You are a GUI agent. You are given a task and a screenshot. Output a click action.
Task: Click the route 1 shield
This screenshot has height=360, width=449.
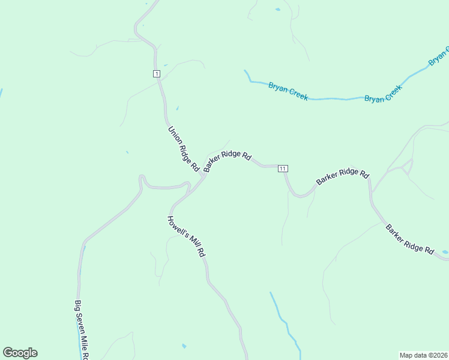[156, 74]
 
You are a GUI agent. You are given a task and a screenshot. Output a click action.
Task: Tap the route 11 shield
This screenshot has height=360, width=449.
[283, 169]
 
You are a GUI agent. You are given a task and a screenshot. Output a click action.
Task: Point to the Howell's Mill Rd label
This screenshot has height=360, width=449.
[187, 236]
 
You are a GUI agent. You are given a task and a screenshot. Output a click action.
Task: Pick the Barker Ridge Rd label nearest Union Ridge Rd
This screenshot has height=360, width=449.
[227, 160]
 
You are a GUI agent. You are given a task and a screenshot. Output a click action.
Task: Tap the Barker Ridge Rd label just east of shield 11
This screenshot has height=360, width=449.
[342, 177]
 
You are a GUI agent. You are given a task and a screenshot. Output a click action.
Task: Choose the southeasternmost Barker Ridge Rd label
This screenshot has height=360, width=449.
[410, 239]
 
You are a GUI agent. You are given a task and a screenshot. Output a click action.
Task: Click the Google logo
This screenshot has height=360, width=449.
[20, 353]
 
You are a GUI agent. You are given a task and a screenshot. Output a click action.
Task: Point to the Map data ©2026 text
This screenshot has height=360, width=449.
[423, 355]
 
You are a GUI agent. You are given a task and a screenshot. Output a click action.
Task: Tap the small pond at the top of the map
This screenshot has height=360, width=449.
[277, 10]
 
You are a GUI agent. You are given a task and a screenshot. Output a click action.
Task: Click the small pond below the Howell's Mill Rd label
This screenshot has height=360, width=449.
[184, 346]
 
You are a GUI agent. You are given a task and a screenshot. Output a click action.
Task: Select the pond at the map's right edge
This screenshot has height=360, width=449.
[445, 252]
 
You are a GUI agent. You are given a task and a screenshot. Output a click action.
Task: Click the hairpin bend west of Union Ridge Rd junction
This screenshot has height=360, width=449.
[142, 178]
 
